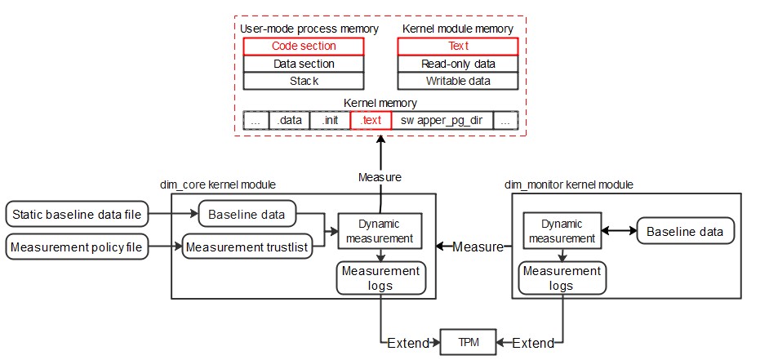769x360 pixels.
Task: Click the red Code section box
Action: click(x=303, y=47)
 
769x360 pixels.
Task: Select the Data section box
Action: click(x=303, y=64)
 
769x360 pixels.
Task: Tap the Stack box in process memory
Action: click(x=303, y=81)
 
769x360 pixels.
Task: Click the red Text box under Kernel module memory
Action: click(x=457, y=47)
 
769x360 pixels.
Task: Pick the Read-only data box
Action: click(x=457, y=64)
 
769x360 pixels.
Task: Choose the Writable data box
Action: click(x=457, y=81)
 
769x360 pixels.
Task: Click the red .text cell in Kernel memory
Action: click(x=371, y=120)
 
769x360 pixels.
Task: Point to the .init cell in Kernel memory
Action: click(x=330, y=120)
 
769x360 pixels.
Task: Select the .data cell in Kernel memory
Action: click(x=289, y=120)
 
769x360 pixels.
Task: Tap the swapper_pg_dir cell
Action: click(x=441, y=120)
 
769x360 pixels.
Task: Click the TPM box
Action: click(x=467, y=342)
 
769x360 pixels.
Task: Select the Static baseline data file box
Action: click(x=78, y=216)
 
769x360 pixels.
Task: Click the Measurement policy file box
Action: click(x=78, y=246)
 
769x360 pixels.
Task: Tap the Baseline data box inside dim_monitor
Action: click(x=684, y=231)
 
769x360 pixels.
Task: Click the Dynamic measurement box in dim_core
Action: click(x=379, y=231)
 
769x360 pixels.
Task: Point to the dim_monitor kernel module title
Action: click(x=569, y=185)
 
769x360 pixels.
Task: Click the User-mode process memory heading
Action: click(x=309, y=29)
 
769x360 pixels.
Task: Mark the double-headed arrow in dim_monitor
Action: click(x=619, y=231)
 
